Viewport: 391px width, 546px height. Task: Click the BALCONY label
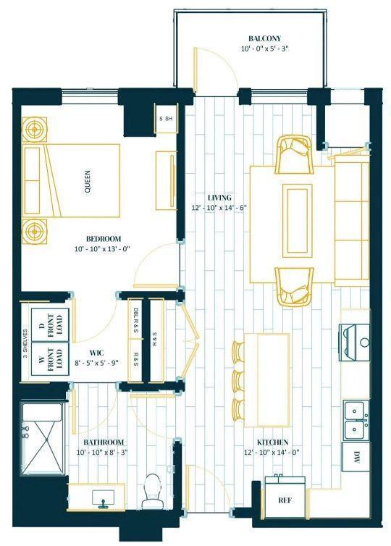[264, 38]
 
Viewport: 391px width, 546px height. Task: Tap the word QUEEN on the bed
[88, 182]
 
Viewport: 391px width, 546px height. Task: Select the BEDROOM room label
[104, 239]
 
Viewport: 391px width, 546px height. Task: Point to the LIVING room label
[219, 198]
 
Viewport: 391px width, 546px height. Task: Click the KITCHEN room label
[273, 442]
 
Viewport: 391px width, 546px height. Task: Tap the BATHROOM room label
[104, 442]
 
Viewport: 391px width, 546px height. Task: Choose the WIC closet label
[96, 353]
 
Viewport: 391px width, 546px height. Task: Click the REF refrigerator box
[285, 500]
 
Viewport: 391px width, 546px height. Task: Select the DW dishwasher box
[356, 456]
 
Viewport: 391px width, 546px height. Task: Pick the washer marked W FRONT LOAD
[50, 359]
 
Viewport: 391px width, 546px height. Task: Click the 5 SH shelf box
[166, 118]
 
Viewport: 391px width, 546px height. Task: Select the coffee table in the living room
[298, 221]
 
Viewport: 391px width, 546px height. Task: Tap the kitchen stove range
[355, 342]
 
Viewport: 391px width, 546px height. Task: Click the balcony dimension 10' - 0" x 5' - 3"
[265, 49]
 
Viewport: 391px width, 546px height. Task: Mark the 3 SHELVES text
[25, 344]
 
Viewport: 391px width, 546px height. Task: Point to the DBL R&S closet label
[135, 321]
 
